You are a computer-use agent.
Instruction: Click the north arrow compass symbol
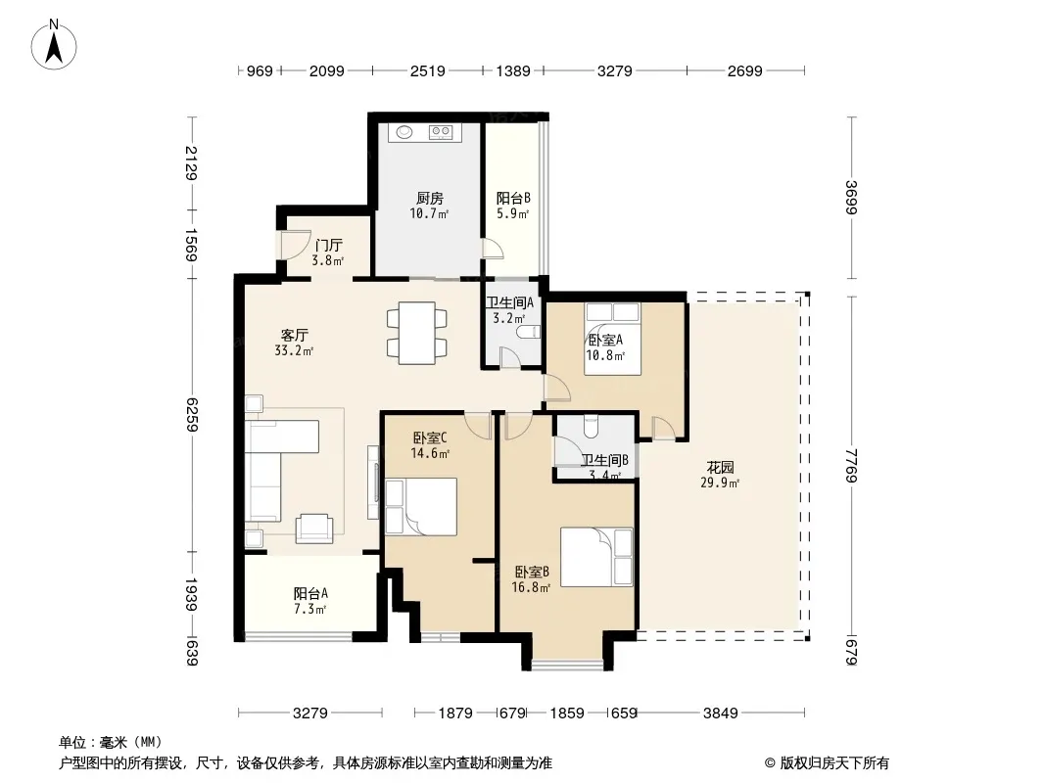pos(54,45)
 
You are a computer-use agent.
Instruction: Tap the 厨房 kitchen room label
pos(430,199)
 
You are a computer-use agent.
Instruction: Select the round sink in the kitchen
pos(404,132)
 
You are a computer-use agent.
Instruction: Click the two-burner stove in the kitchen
pos(441,132)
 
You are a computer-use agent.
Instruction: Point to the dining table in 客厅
pos(417,333)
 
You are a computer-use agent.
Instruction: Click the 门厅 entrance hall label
pos(329,245)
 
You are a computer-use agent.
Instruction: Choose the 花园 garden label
pos(721,467)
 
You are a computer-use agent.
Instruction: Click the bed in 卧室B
pos(596,557)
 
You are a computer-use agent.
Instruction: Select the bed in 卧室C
pos(421,506)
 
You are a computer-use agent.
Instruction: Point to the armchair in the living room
pos(313,529)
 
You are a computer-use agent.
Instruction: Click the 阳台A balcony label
pos(310,593)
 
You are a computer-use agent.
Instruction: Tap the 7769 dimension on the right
pos(852,465)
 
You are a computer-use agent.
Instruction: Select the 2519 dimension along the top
pos(427,70)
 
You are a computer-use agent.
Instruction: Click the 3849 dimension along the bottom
pos(721,714)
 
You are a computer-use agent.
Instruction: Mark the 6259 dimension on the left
pos(192,414)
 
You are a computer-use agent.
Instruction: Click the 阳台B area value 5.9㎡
pos(512,214)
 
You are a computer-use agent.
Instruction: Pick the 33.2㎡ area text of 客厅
pos(294,350)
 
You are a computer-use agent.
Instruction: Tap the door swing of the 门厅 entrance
pos(296,244)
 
